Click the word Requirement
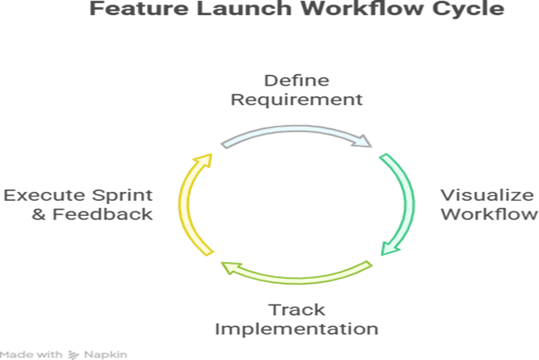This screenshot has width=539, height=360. pyautogui.click(x=296, y=98)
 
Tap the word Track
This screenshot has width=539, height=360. pyautogui.click(x=296, y=310)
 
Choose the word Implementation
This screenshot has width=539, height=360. pyautogui.click(x=296, y=328)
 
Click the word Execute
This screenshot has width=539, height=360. pyautogui.click(x=44, y=196)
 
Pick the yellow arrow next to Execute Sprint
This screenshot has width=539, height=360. pyautogui.click(x=191, y=202)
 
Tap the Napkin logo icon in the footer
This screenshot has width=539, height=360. pyautogui.click(x=73, y=353)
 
